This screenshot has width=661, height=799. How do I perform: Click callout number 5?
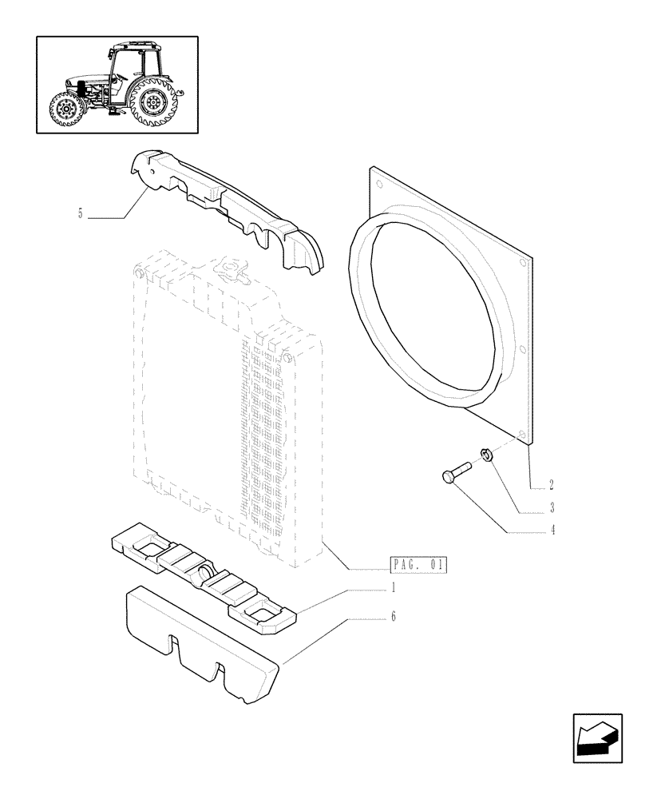point(81,213)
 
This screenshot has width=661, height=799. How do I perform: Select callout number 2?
point(551,485)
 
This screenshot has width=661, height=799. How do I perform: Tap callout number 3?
point(551,507)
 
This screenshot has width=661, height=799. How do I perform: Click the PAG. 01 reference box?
point(418,566)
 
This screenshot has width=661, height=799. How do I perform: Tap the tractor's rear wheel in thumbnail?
point(153,103)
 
